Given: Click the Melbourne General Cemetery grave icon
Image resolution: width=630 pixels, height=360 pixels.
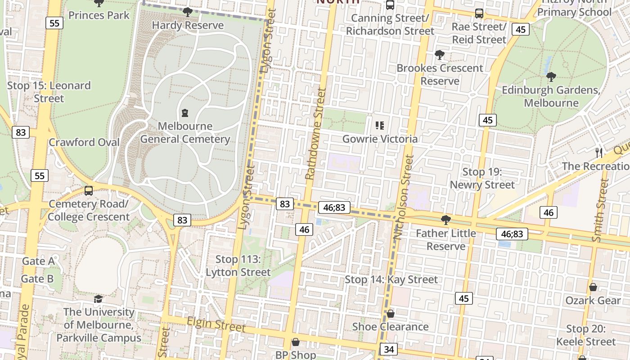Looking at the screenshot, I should click(x=184, y=112).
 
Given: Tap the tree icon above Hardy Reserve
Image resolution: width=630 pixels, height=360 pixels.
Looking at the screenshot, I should click(x=188, y=12).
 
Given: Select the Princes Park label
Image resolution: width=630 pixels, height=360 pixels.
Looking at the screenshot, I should click(x=99, y=15).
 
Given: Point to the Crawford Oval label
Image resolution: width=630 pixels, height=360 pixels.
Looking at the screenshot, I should click(x=84, y=143).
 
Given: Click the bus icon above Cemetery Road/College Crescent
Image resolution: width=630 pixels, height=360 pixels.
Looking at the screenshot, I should click(x=89, y=191).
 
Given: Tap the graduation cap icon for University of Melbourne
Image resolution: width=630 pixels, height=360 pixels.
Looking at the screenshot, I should click(x=98, y=299).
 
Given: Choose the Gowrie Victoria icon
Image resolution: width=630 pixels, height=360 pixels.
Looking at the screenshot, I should click(x=380, y=126).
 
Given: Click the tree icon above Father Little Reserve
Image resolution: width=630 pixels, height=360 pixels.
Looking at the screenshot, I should click(x=446, y=220).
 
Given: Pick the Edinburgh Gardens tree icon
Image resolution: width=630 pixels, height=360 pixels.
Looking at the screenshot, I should click(x=551, y=77).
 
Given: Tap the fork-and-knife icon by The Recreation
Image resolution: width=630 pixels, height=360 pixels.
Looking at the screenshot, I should click(x=599, y=153).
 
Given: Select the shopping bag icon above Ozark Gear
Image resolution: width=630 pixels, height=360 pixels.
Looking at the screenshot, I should click(x=593, y=287).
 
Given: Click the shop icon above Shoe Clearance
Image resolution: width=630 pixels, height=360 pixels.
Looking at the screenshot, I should click(x=390, y=314).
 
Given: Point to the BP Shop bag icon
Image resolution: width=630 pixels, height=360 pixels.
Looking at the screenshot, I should click(x=296, y=342).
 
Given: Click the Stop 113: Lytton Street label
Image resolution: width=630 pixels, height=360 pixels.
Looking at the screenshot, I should click(x=238, y=266).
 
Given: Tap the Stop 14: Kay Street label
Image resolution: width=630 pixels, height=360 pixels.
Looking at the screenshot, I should click(x=391, y=280).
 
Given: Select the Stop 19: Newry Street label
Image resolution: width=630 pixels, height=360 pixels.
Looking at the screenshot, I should click(x=482, y=178).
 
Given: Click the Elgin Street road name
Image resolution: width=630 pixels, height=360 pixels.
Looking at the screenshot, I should click(x=216, y=324).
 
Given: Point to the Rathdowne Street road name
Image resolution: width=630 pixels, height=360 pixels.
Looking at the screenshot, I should click(x=315, y=134).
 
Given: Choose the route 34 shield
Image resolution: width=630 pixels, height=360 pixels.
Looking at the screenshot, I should click(x=389, y=349).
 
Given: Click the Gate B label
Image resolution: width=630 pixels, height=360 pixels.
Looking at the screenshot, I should click(x=37, y=279).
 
